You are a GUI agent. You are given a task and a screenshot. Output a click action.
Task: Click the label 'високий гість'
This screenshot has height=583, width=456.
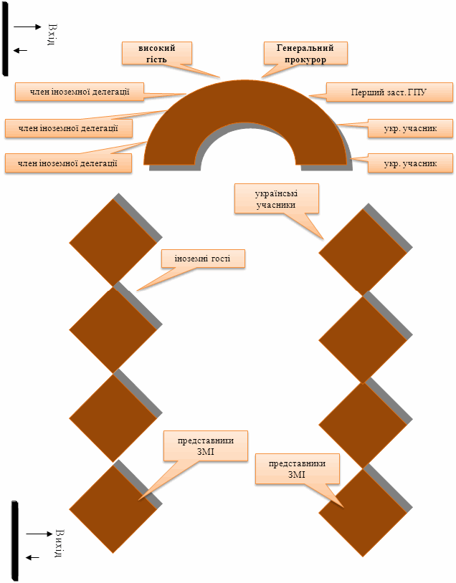[x=157, y=53]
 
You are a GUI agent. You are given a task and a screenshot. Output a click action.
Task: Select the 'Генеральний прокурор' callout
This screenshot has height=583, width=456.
[x=305, y=53]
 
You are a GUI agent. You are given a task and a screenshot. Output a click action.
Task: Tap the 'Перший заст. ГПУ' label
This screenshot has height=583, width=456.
[x=389, y=92]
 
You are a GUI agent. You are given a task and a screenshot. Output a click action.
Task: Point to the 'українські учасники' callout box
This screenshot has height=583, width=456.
[x=277, y=198]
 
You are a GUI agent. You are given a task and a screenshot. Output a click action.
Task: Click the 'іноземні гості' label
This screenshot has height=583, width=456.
[x=203, y=259]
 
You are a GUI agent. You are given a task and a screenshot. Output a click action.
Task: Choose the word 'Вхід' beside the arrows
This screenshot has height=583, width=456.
[x=52, y=34]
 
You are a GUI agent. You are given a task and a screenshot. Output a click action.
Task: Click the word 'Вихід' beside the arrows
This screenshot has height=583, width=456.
[x=60, y=543]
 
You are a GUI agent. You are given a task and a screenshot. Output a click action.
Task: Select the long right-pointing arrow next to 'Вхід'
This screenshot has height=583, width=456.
[x=27, y=26]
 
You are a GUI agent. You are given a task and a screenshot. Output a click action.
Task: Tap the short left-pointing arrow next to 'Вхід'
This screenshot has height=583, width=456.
[x=21, y=51]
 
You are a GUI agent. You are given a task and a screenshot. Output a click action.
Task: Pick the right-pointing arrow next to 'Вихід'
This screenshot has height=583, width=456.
[x=39, y=534]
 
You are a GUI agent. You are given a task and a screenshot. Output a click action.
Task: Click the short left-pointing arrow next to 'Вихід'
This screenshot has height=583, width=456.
[x=32, y=557]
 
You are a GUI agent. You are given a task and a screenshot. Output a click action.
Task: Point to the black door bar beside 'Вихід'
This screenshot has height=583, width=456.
[x=15, y=540]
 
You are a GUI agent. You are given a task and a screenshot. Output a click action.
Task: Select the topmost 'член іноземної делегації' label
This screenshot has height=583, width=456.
[x=80, y=92]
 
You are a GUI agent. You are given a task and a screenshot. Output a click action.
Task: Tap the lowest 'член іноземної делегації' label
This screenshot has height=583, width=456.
[x=68, y=163]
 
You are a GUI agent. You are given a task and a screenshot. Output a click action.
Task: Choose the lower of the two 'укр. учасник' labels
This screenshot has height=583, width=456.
[x=410, y=163]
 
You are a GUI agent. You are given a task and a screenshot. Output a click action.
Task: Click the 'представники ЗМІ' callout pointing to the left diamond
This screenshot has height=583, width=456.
[x=206, y=446]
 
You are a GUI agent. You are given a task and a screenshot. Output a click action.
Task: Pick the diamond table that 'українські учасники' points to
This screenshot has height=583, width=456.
[x=363, y=253]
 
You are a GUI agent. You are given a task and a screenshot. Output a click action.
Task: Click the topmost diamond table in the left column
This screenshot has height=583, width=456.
[x=113, y=242]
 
